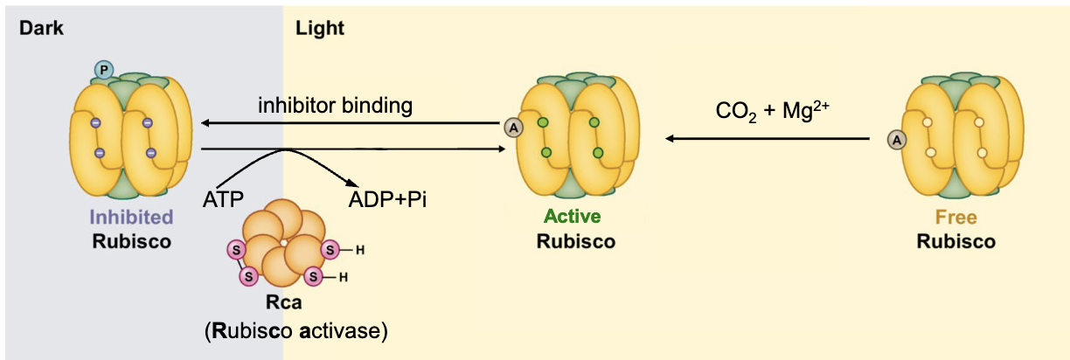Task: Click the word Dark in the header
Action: [41, 29]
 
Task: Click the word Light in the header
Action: [320, 29]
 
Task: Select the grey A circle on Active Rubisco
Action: [513, 128]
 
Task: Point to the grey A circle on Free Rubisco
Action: [895, 138]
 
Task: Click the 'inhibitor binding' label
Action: [335, 107]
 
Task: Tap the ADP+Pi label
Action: [387, 198]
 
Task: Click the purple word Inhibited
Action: [131, 217]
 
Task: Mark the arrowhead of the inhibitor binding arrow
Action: [202, 124]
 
